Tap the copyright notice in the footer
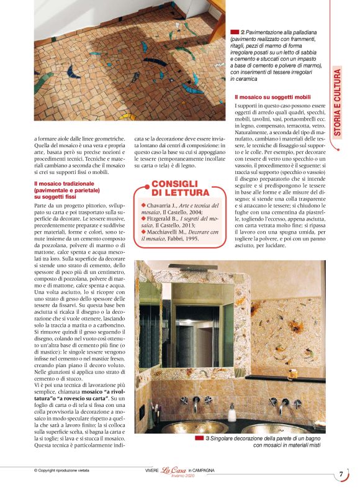[x=65, y=470]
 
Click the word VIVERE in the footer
[x=148, y=470]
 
